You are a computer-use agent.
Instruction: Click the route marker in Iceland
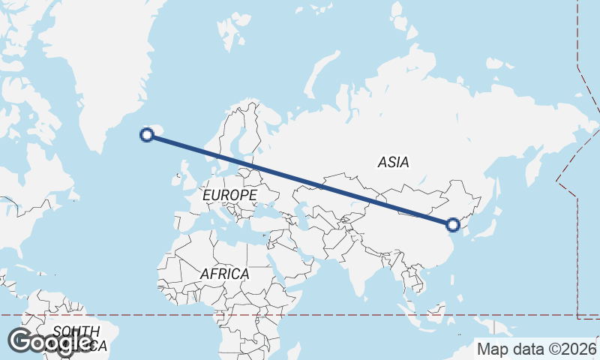point(148,135)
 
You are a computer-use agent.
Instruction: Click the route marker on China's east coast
point(452,223)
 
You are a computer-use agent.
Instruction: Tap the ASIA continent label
point(394,162)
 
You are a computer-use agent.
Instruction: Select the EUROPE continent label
point(230,195)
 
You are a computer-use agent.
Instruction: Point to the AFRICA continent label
point(224,274)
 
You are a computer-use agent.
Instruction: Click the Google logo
point(50,342)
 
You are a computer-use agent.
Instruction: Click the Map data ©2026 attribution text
point(536,349)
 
